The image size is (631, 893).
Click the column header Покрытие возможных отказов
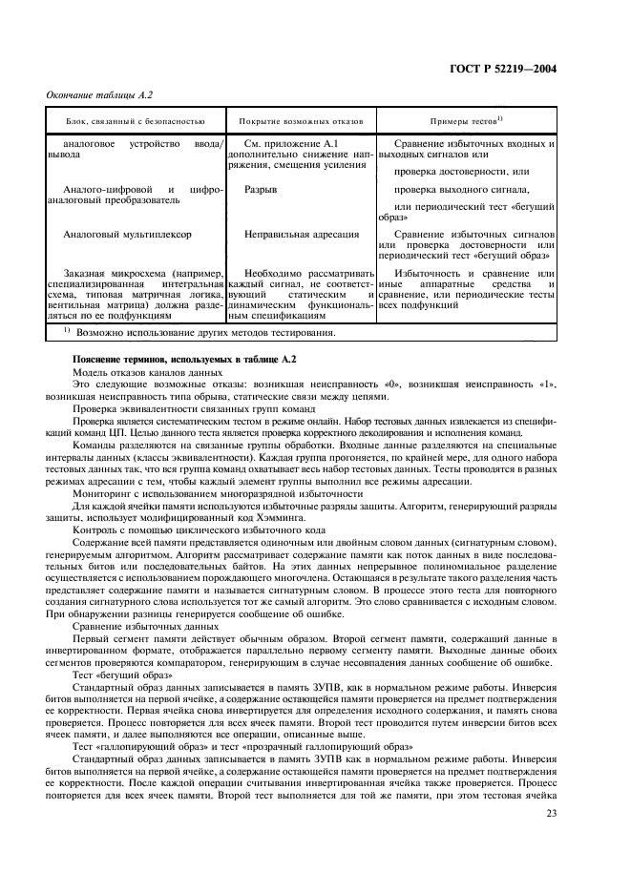300,122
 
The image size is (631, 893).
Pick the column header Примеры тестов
465,122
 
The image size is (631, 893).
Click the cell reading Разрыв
262,190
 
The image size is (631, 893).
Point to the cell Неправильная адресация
302,233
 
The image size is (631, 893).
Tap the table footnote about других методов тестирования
200,333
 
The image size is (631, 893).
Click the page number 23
551,813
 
